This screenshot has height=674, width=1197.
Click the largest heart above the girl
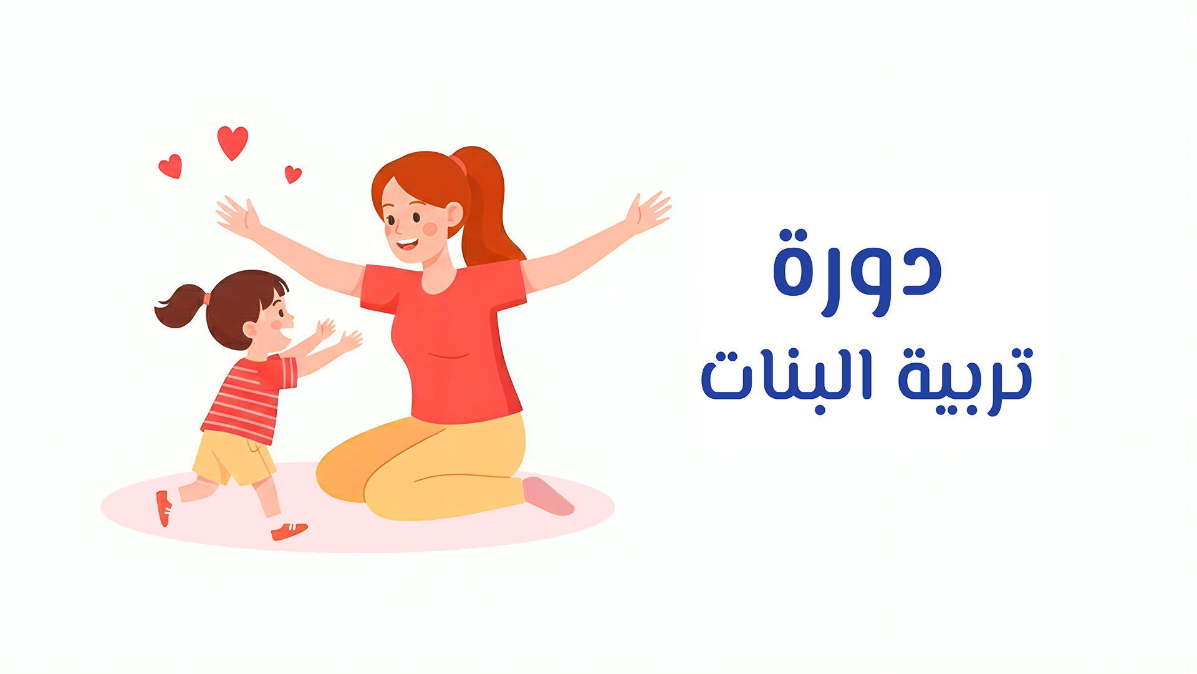pos(233,142)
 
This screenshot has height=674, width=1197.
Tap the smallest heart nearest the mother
pos(292,173)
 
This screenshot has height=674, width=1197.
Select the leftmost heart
pos(170,166)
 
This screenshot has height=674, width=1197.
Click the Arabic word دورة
pos(857,273)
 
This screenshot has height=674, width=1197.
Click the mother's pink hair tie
pos(459,165)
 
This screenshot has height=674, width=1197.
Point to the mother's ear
pos(454,214)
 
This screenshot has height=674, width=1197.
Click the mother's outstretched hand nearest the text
pos(648,211)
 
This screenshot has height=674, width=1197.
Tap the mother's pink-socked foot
pos(547,496)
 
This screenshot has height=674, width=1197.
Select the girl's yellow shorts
pos(234,459)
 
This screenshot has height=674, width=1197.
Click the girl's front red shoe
pos(289,531)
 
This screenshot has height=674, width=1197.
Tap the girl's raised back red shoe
pos(163,507)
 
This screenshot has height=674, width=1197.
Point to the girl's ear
pos(250,330)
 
